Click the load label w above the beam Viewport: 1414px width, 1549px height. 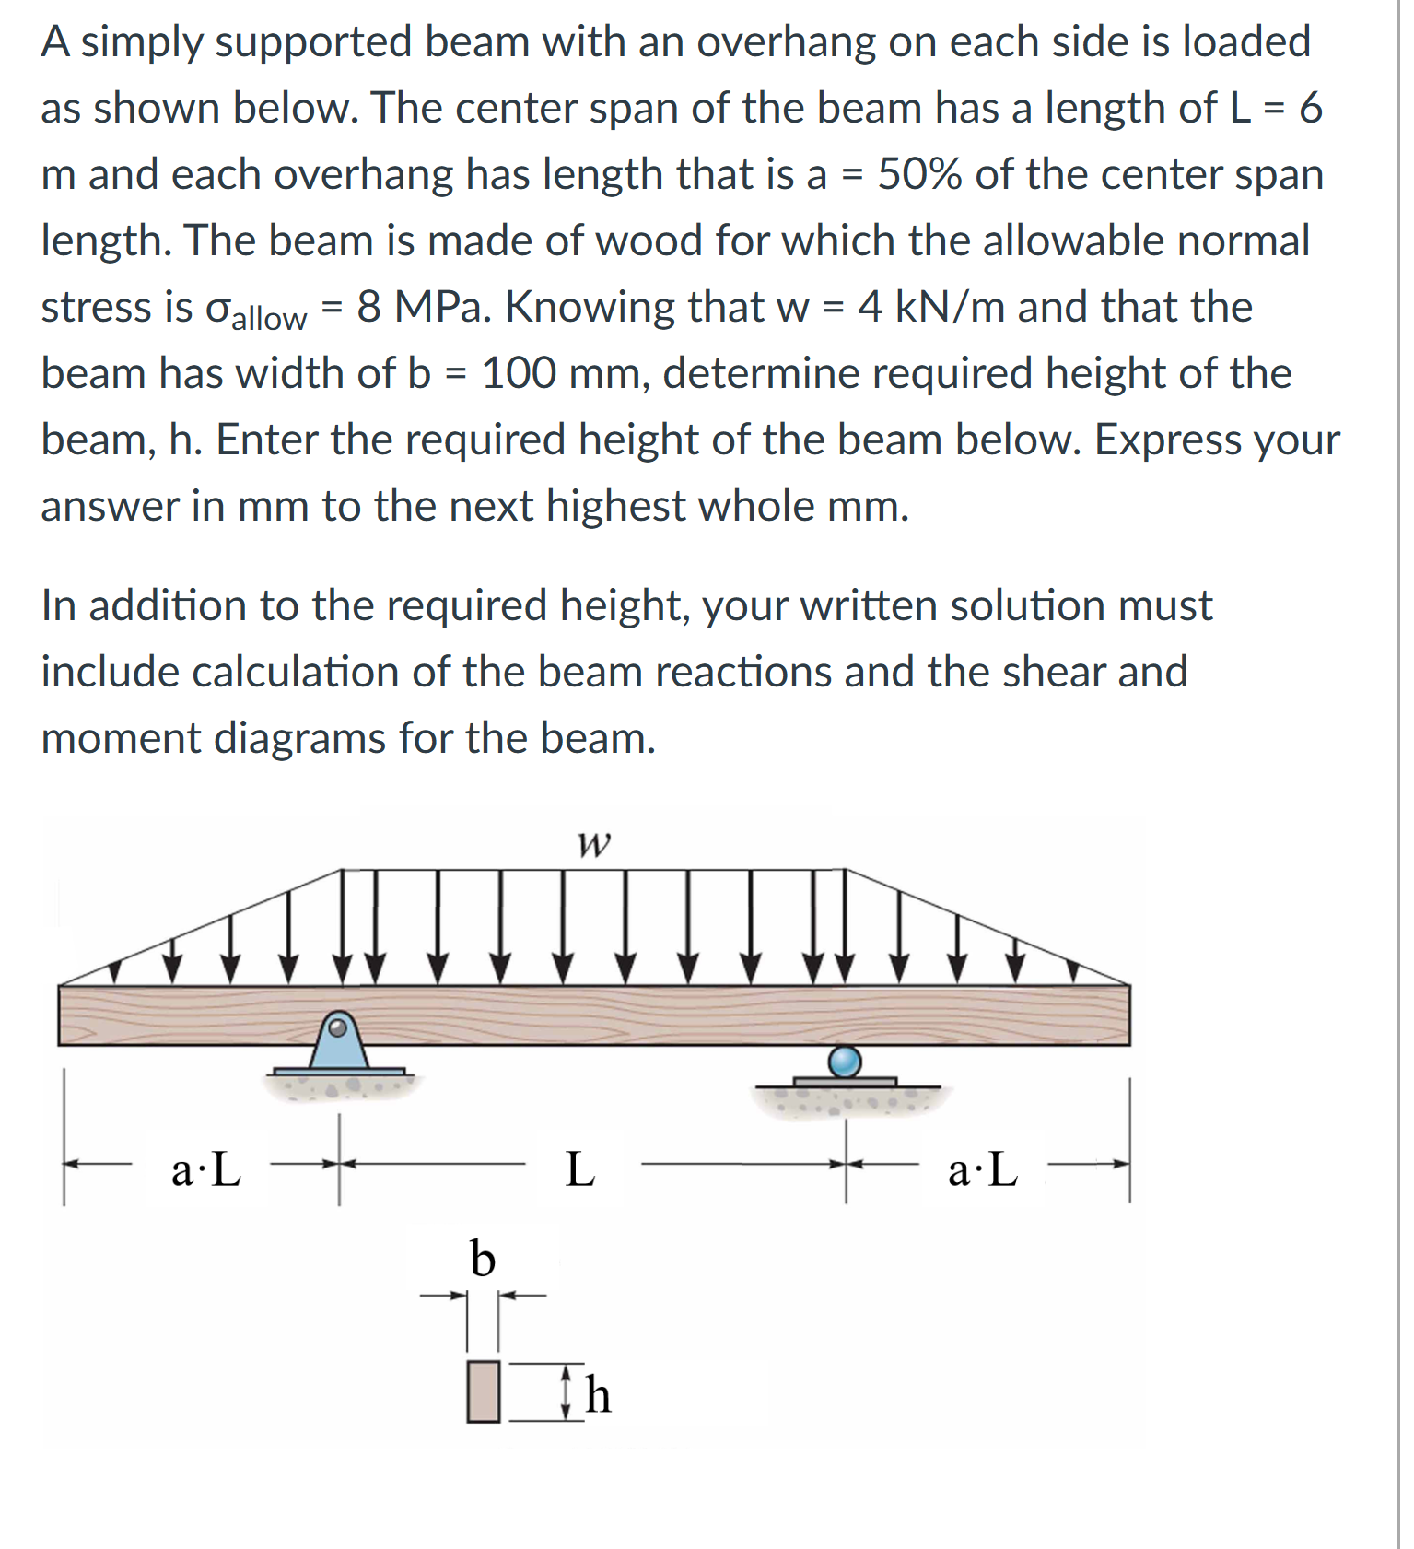pyautogui.click(x=593, y=843)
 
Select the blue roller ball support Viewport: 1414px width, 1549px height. pyautogui.click(x=845, y=1061)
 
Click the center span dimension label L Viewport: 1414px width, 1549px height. pyautogui.click(x=579, y=1169)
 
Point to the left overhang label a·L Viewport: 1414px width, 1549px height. pyautogui.click(x=206, y=1170)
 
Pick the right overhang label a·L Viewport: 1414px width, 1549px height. pyautogui.click(x=983, y=1170)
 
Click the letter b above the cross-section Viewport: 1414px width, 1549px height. pyautogui.click(x=483, y=1259)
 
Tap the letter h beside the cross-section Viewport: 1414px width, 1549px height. pyautogui.click(x=599, y=1394)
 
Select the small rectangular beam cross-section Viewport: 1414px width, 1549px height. pyautogui.click(x=483, y=1391)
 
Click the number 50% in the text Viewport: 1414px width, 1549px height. pyautogui.click(x=919, y=174)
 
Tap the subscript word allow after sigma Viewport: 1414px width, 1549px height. pyautogui.click(x=268, y=318)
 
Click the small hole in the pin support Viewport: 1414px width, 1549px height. pyautogui.click(x=338, y=1025)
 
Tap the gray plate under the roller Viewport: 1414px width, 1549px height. pyautogui.click(x=845, y=1082)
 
